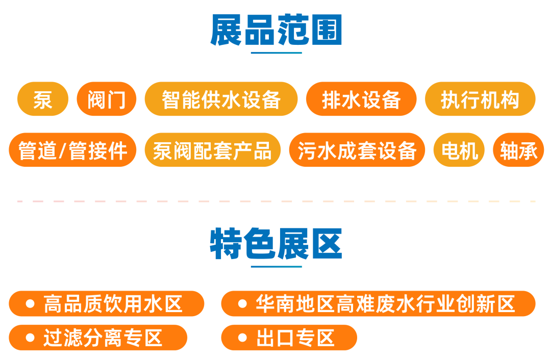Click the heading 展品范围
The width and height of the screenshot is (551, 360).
[276, 30]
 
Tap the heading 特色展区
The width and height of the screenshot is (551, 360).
[276, 243]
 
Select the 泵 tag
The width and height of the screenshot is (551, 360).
[43, 99]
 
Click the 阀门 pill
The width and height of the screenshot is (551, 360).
[107, 99]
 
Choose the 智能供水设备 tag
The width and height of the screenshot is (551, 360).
[221, 99]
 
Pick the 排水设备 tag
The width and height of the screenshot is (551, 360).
[361, 99]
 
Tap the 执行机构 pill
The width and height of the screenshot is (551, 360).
[480, 99]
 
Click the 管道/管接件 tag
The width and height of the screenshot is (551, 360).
[72, 150]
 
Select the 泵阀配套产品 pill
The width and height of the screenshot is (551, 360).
[213, 150]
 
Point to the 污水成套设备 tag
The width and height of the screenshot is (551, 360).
[357, 150]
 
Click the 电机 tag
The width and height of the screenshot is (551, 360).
[459, 150]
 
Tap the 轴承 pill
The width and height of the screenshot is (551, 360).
[519, 150]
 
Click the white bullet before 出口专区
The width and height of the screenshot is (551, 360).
[242, 338]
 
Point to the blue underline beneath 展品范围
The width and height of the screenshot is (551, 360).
[276, 53]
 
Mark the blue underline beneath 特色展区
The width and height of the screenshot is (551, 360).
[276, 267]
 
